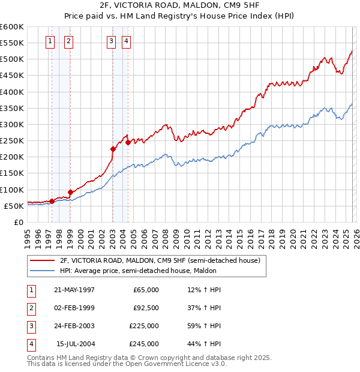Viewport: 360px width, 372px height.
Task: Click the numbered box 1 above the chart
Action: click(x=49, y=41)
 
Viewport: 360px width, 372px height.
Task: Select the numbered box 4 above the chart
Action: click(x=127, y=41)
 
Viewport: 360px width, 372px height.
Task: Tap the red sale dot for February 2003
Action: click(x=113, y=149)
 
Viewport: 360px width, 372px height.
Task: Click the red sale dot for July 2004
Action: click(x=128, y=143)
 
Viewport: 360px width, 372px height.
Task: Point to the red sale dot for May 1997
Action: click(x=52, y=201)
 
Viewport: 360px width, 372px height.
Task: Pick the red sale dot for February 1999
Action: click(x=70, y=192)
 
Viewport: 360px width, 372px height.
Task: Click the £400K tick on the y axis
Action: click(x=12, y=92)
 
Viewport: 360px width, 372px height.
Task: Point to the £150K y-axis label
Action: click(x=12, y=173)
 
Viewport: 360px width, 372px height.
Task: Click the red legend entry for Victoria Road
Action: click(x=160, y=260)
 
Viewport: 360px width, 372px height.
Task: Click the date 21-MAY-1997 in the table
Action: click(x=74, y=290)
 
